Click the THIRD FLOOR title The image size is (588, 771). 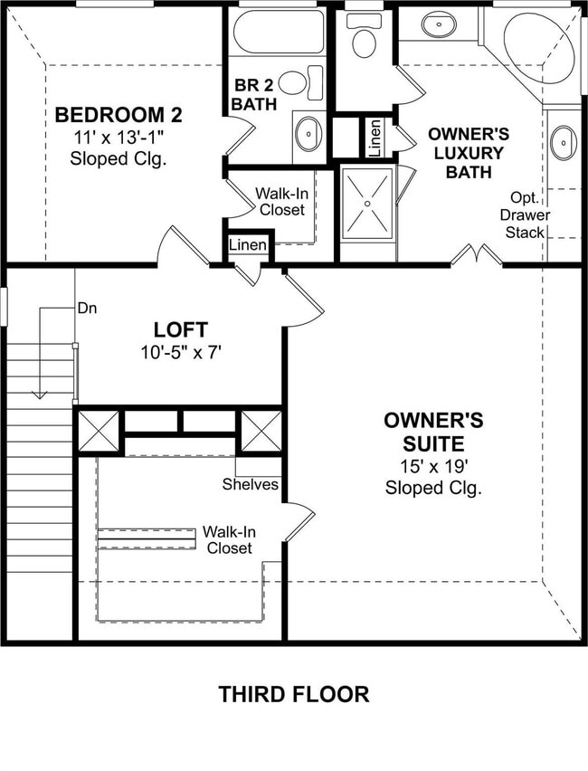293,694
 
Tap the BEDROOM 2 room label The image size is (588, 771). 119,115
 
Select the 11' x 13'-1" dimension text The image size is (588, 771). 119,138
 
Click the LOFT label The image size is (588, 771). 180,329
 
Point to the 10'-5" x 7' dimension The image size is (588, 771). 180,351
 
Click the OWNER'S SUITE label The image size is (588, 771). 433,432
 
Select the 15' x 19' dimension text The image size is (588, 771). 433,467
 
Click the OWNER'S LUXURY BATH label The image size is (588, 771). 468,152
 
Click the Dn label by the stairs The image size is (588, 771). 87,308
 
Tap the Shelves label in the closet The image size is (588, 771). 250,484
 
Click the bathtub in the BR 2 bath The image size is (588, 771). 277,33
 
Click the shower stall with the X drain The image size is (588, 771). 367,204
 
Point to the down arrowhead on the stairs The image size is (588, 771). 39,393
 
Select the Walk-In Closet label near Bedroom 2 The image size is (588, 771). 281,202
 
